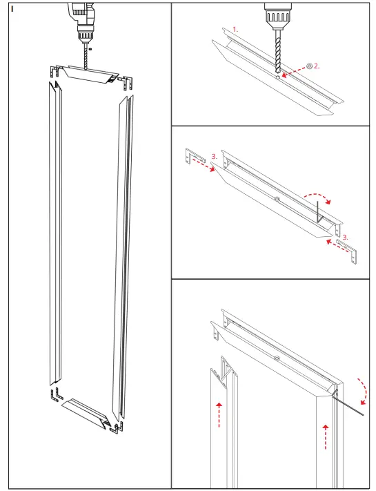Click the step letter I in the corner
pos(12,9)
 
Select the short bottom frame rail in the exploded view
pos(86,412)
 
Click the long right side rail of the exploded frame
pos(121,256)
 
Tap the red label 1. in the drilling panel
pos(235,30)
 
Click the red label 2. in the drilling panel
pos(317,66)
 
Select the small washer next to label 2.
pos(308,66)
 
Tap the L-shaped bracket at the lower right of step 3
pos(348,250)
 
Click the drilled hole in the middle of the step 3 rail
pos(275,200)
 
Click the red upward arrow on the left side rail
pos(219,414)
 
